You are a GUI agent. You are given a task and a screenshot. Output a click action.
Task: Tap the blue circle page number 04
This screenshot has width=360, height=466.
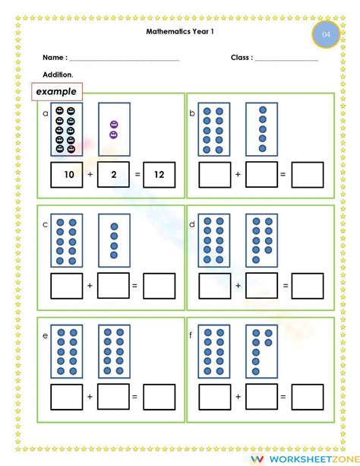click(326, 35)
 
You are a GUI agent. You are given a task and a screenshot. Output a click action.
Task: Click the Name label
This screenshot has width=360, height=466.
click(55, 58)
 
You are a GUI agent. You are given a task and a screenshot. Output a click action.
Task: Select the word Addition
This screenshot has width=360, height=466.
click(58, 74)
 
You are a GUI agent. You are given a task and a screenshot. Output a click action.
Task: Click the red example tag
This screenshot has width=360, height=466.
click(55, 91)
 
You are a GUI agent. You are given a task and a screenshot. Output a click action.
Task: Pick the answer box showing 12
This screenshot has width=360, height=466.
click(159, 175)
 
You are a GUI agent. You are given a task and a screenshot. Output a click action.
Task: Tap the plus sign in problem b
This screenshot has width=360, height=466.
click(238, 175)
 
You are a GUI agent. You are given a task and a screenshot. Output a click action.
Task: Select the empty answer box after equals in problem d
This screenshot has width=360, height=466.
click(307, 286)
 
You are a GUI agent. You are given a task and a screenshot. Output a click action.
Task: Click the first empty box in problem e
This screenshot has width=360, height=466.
click(66, 397)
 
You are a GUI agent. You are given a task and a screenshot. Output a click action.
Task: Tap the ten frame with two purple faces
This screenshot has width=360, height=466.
click(114, 129)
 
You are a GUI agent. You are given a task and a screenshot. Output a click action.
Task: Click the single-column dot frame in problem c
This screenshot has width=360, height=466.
click(114, 240)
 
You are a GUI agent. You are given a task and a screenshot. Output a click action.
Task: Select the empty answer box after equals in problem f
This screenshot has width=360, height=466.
click(307, 397)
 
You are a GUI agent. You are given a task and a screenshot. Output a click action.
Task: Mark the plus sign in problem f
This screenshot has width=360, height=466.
click(238, 397)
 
